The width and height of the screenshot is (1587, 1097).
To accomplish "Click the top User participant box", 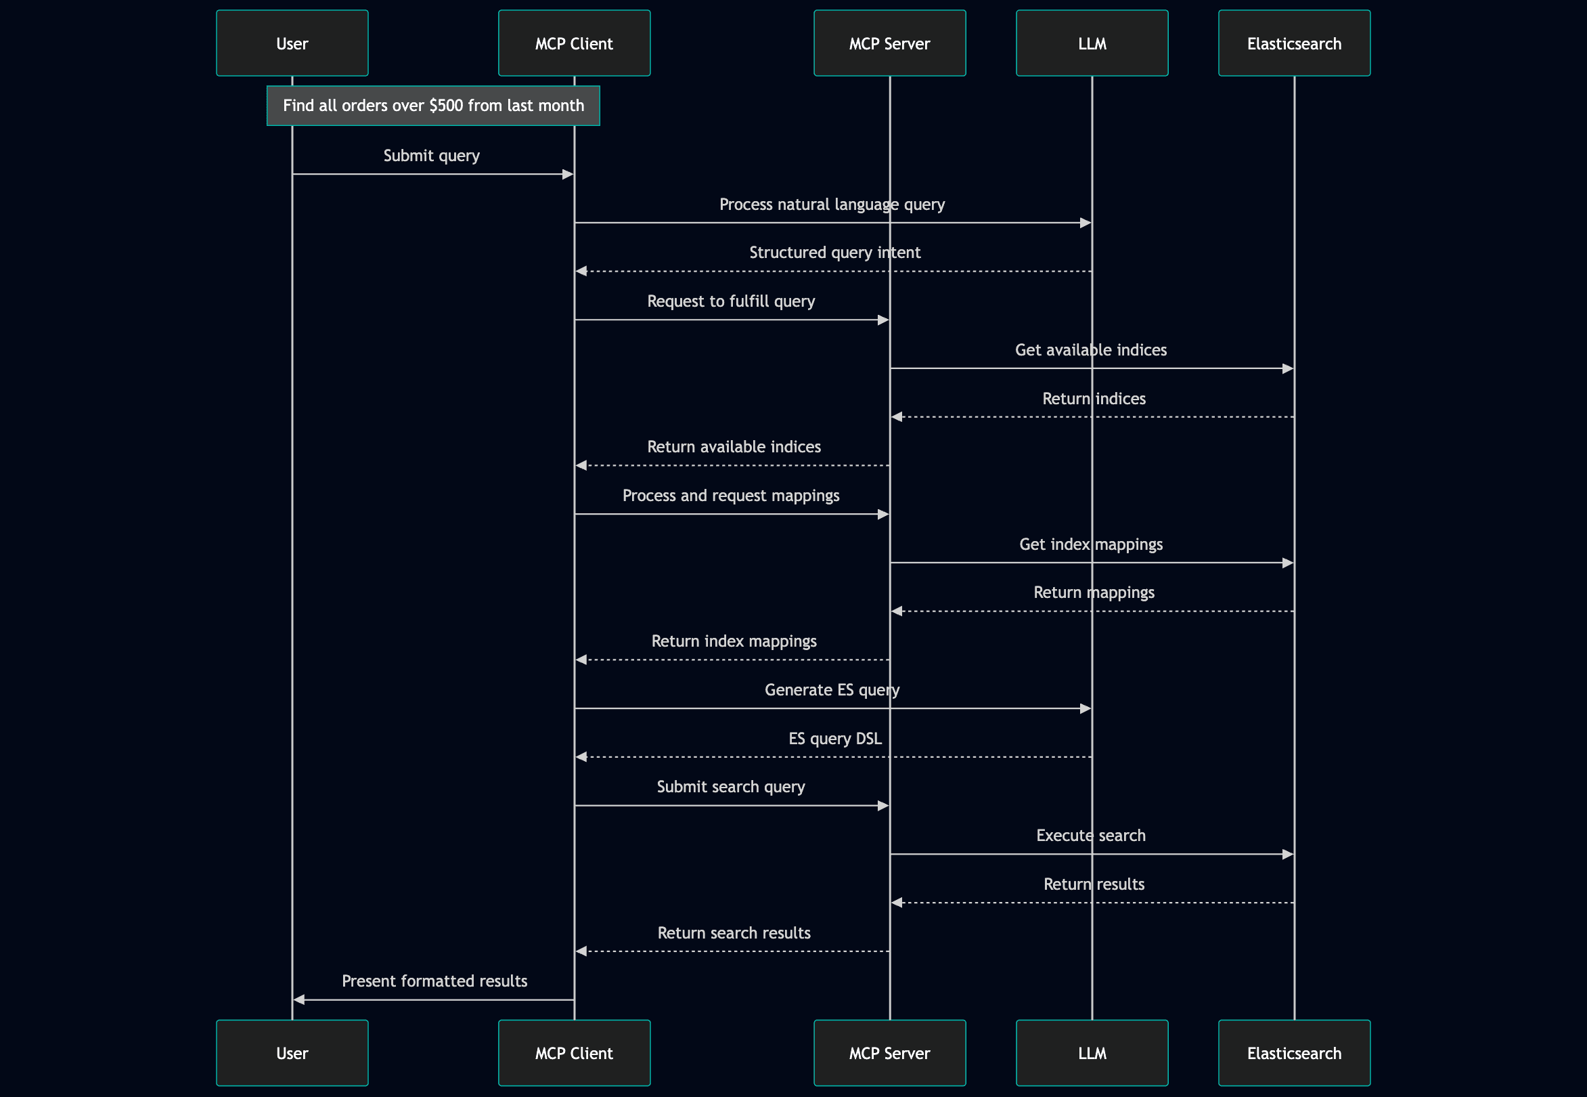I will coord(292,43).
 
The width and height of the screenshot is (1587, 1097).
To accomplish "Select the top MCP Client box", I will coord(574,43).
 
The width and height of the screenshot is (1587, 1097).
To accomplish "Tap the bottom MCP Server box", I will coord(889,1052).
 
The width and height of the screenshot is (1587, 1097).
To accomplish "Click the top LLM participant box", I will coord(1091,43).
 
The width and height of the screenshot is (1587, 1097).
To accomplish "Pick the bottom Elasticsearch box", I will coord(1294,1052).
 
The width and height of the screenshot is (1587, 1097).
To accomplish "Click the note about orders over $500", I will coord(433,106).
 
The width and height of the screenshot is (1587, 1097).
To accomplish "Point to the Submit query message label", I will coord(432,156).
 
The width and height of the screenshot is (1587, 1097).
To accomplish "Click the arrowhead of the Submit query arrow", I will coord(568,175).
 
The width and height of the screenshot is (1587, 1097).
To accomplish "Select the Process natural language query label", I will coord(831,205).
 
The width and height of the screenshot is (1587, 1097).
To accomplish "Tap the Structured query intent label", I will coord(834,253).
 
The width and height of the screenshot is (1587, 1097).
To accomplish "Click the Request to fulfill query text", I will coord(730,302).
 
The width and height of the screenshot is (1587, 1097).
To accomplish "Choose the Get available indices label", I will coord(1090,351).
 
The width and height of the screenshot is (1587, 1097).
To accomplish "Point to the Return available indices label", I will coord(733,448).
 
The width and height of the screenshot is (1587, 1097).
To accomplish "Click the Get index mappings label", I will coord(1090,544).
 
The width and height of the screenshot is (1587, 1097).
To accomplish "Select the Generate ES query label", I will coord(831,690).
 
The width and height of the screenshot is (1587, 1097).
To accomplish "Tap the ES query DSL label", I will coord(834,739).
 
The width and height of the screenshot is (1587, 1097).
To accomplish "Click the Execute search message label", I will coord(1090,836).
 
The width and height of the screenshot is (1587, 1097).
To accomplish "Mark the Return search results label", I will coord(733,933).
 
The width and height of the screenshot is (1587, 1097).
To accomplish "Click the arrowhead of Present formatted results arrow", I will coord(299,999).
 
